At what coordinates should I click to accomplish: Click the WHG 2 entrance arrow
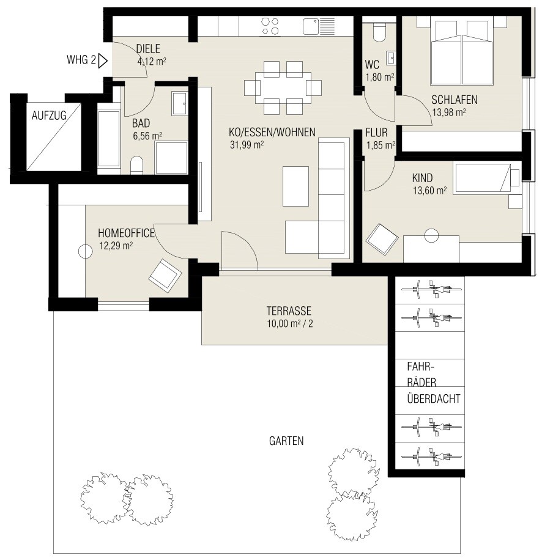point(103,61)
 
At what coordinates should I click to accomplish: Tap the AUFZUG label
point(49,116)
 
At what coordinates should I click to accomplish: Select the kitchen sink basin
point(310,26)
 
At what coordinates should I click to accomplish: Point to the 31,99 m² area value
point(247,144)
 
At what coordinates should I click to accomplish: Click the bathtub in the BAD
point(109,139)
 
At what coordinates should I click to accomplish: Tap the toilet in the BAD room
point(136,165)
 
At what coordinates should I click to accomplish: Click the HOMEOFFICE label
point(127,233)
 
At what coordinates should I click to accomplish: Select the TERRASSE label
point(289,311)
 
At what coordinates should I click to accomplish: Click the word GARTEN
point(286,441)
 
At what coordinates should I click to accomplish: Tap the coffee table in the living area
point(295,186)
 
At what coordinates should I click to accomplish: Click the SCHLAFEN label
point(455,100)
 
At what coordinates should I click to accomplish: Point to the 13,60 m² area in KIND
point(430,191)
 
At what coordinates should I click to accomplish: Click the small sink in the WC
point(392,58)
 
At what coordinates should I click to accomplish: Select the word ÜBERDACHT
point(434,398)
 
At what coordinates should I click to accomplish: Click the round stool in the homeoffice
point(86,251)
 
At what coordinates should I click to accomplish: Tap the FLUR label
point(376,133)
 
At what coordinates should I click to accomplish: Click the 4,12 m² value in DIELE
point(152,61)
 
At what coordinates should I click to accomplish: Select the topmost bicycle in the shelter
point(432,289)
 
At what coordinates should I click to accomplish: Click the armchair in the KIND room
point(382,239)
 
